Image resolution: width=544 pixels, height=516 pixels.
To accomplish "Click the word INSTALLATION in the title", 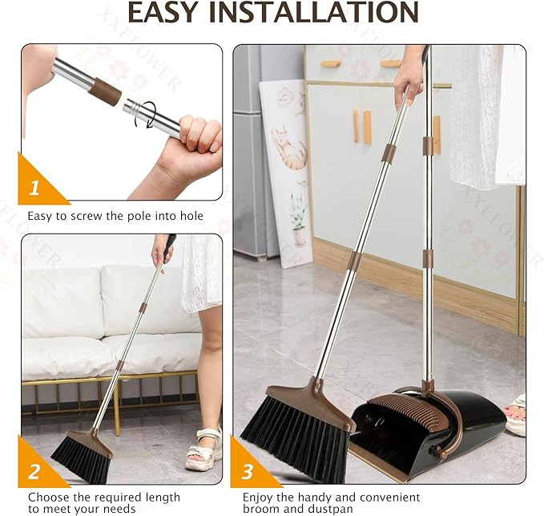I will point(320,12).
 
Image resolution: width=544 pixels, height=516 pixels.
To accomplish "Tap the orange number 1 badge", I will point(34,189).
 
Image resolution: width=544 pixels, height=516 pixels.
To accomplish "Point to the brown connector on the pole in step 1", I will point(104,91).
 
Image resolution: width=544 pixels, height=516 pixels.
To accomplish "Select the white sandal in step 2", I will point(203,449).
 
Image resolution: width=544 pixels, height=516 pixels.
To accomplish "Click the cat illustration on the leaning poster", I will point(288,148).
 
